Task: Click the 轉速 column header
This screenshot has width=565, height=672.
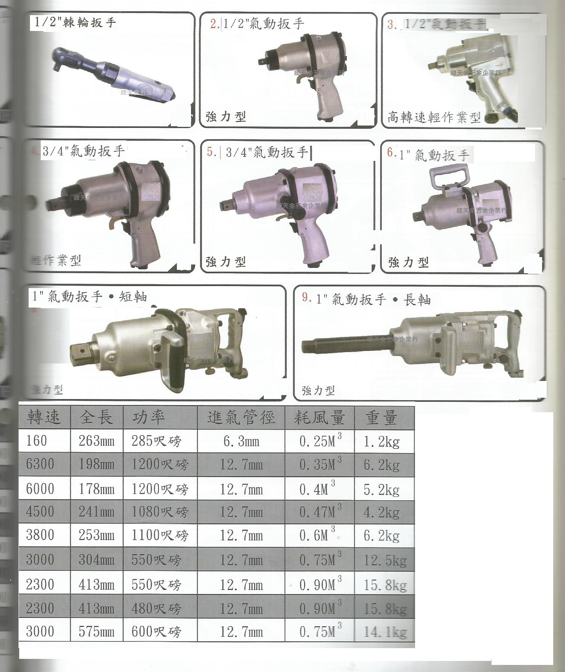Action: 44,418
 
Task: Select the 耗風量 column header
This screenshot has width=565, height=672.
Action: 319,418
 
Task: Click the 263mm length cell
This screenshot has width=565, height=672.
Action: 96,441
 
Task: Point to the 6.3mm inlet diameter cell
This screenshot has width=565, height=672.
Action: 241,441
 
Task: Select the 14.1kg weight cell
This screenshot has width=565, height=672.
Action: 385,632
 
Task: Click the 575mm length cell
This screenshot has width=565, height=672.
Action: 96,632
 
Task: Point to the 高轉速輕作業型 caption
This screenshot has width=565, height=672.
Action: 434,117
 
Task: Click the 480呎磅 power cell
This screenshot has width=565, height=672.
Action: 156,608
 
